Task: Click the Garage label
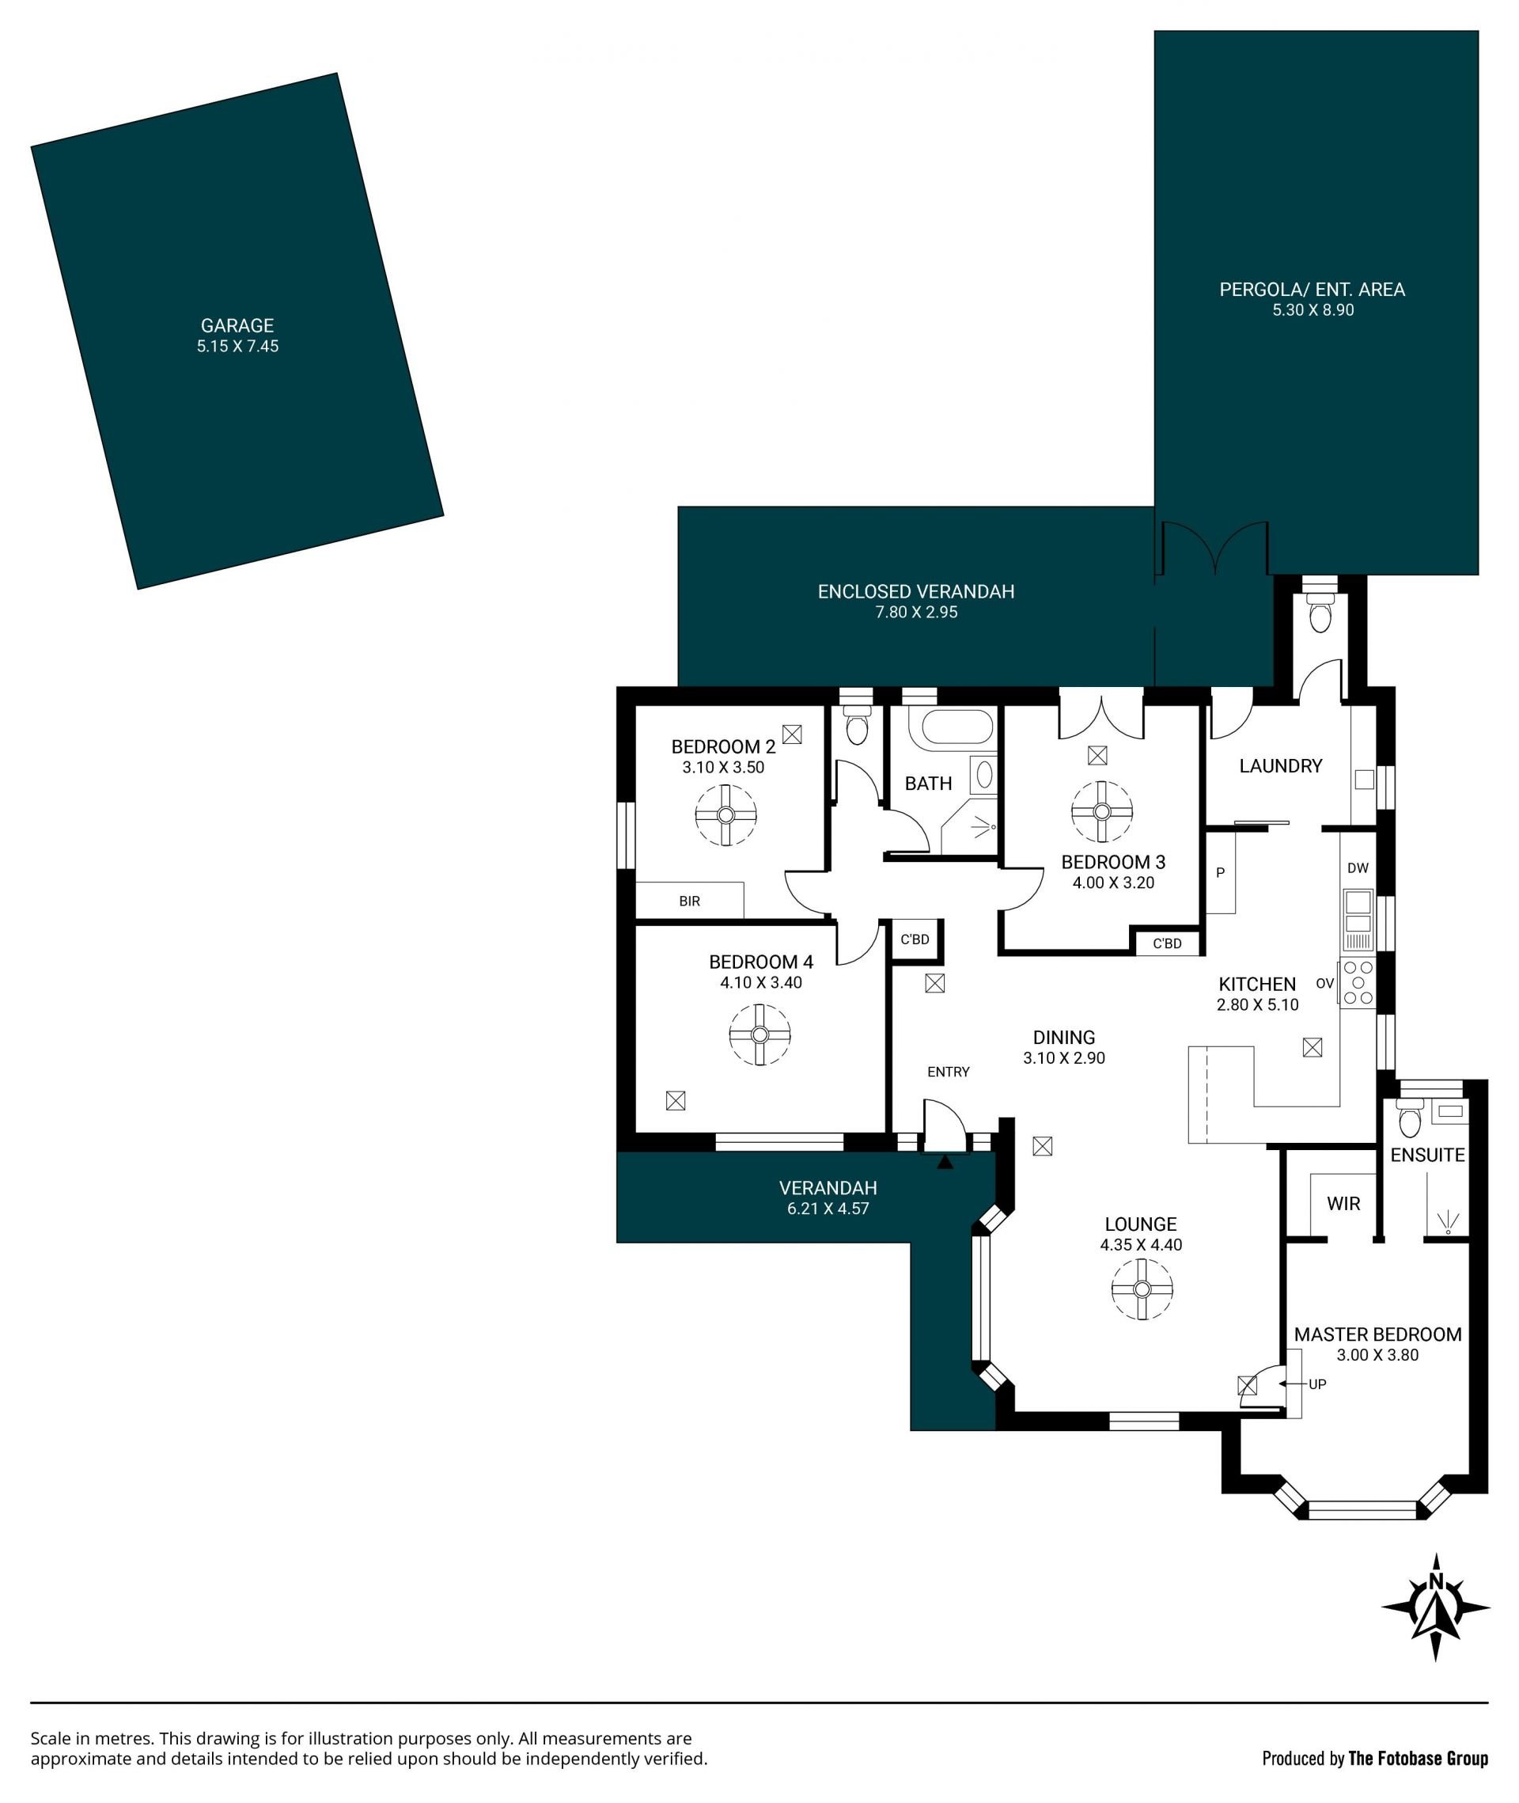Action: pyautogui.click(x=237, y=325)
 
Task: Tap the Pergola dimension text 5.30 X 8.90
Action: pyautogui.click(x=1313, y=310)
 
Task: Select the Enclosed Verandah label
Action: pyautogui.click(x=916, y=592)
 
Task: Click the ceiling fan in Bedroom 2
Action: pyautogui.click(x=726, y=815)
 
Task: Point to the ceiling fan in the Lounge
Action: pyautogui.click(x=1142, y=1289)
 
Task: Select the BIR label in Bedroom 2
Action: pyautogui.click(x=690, y=901)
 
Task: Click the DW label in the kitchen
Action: pyautogui.click(x=1358, y=868)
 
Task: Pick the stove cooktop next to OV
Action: pyautogui.click(x=1358, y=982)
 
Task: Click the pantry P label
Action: pyautogui.click(x=1220, y=873)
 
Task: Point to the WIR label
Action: pyautogui.click(x=1343, y=1203)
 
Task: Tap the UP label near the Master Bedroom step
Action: pyautogui.click(x=1317, y=1384)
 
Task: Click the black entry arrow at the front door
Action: pyautogui.click(x=945, y=1162)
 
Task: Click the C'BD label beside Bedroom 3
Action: pyautogui.click(x=1167, y=943)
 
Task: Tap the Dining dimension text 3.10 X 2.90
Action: pyautogui.click(x=1064, y=1058)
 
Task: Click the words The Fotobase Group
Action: pyautogui.click(x=1419, y=1758)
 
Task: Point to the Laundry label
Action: pyautogui.click(x=1281, y=766)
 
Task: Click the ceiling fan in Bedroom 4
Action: pyautogui.click(x=759, y=1034)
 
